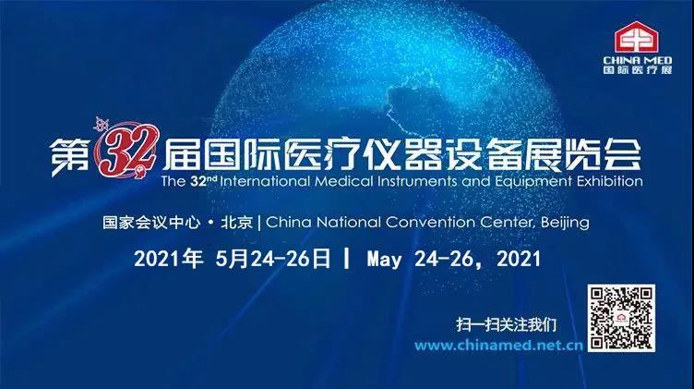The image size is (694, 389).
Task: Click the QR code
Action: [x=621, y=318]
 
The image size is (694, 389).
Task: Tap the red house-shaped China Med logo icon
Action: [x=637, y=37]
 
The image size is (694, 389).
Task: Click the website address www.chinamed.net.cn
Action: [x=498, y=346]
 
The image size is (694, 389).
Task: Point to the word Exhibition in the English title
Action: [x=609, y=181]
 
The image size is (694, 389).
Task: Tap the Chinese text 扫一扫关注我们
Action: [x=506, y=324]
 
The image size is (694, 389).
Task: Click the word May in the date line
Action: [x=384, y=260]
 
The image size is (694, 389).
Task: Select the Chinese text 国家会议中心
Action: [x=151, y=222]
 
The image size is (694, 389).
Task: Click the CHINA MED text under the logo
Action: [x=638, y=60]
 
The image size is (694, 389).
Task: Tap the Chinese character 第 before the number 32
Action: [x=70, y=156]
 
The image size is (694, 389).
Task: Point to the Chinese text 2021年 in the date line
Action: [x=168, y=259]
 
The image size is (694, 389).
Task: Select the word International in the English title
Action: [x=265, y=181]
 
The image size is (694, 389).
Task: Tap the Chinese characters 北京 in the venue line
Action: [x=237, y=222]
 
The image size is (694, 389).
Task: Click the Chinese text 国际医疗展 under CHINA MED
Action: [x=638, y=70]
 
